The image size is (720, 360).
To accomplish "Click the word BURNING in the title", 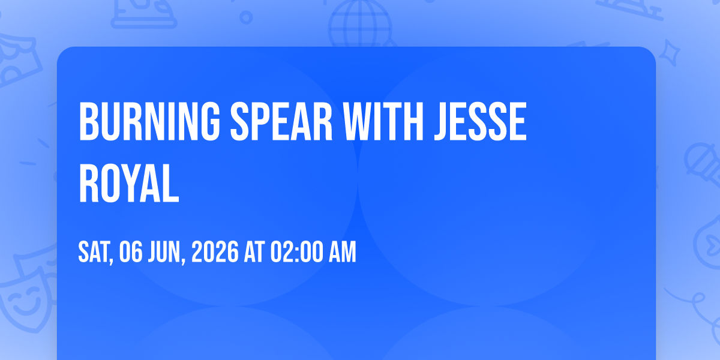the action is (149, 121).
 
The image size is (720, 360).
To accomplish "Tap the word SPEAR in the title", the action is (281, 121).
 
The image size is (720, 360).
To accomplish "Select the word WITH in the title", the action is (383, 121).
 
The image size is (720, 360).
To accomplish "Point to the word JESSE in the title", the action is (480, 121).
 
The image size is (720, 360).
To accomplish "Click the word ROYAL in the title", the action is (129, 183).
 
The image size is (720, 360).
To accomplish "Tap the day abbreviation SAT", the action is (95, 253).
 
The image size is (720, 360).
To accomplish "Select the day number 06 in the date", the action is (131, 252).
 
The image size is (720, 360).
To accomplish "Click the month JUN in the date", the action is (167, 253).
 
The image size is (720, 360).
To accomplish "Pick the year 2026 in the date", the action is (215, 252).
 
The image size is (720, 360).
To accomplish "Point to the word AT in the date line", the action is (254, 252).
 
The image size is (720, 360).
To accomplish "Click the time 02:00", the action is (296, 252).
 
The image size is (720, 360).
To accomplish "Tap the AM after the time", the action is (342, 252).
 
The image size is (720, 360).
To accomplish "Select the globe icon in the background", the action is (360, 23).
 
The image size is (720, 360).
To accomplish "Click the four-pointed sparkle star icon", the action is (670, 53).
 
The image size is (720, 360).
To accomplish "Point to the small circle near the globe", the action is (246, 17).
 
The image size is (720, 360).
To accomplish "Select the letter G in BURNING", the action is (209, 121).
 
